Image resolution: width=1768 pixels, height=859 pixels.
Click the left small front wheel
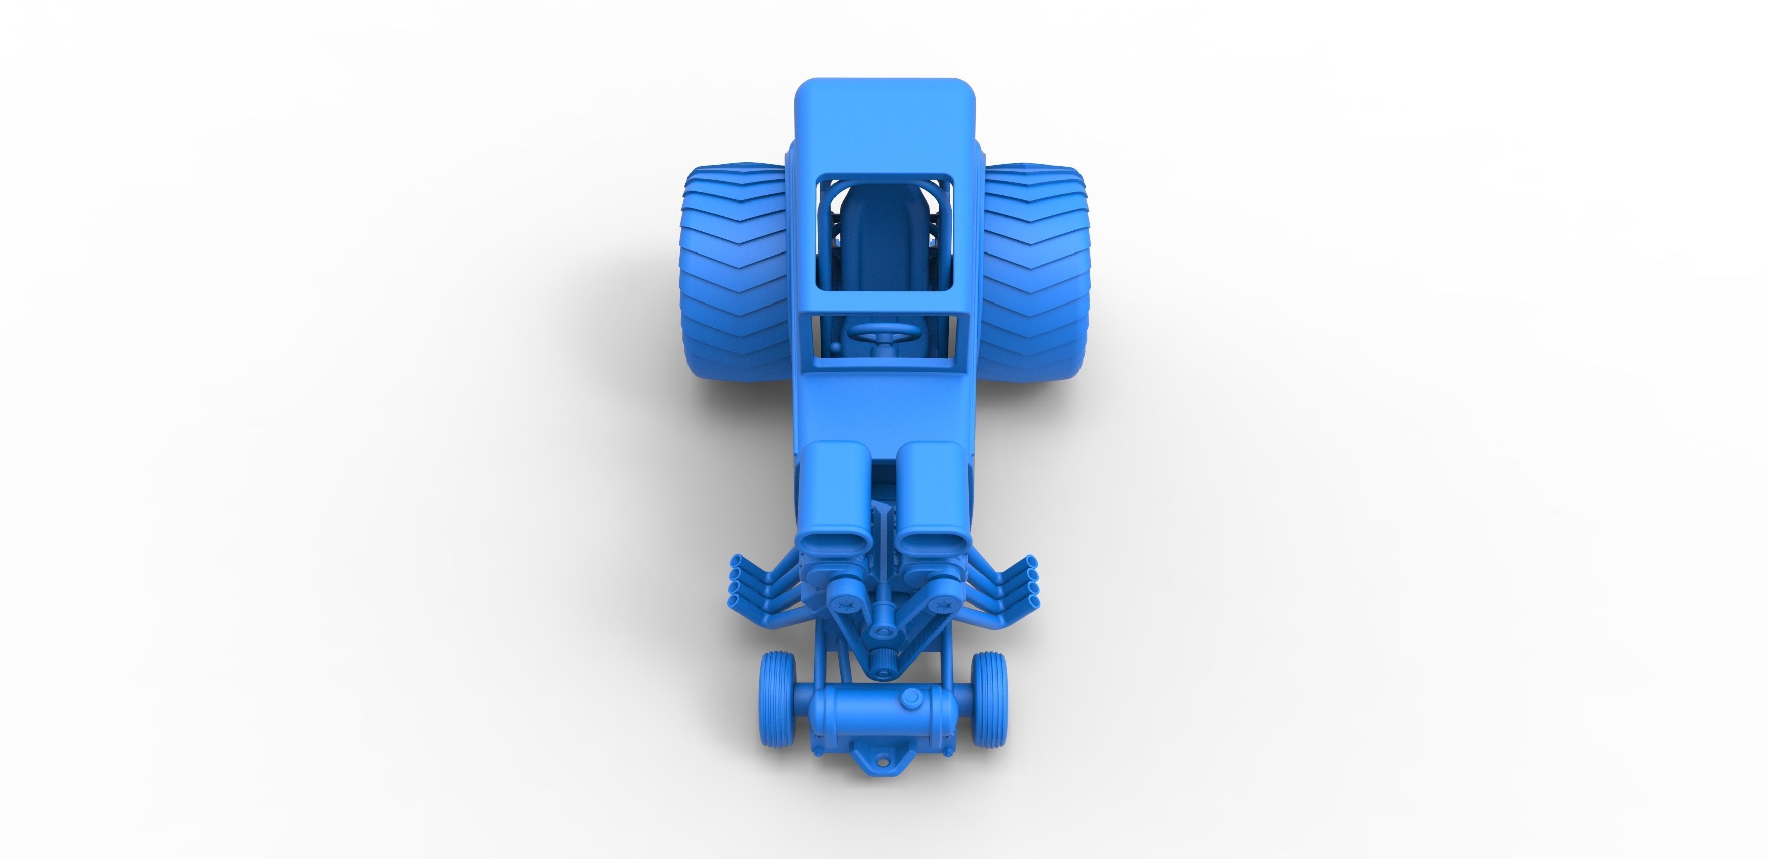pyautogui.click(x=777, y=698)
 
